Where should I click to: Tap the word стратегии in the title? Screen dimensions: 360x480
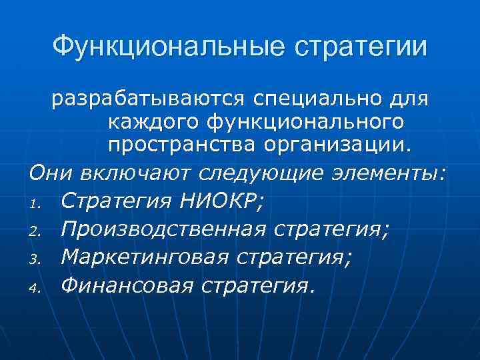point(361,47)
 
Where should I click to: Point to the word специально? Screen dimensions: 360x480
point(318,99)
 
